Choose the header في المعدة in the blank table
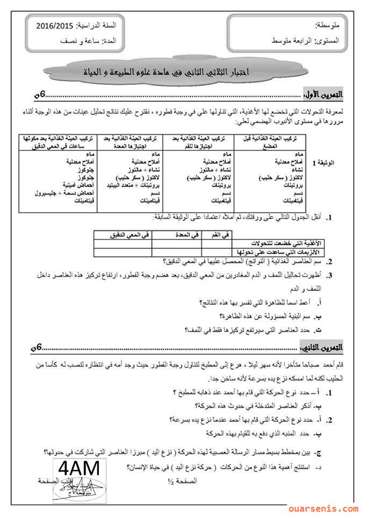tap(177, 234)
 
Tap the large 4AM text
tap(78, 468)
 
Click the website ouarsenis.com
tap(322, 508)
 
